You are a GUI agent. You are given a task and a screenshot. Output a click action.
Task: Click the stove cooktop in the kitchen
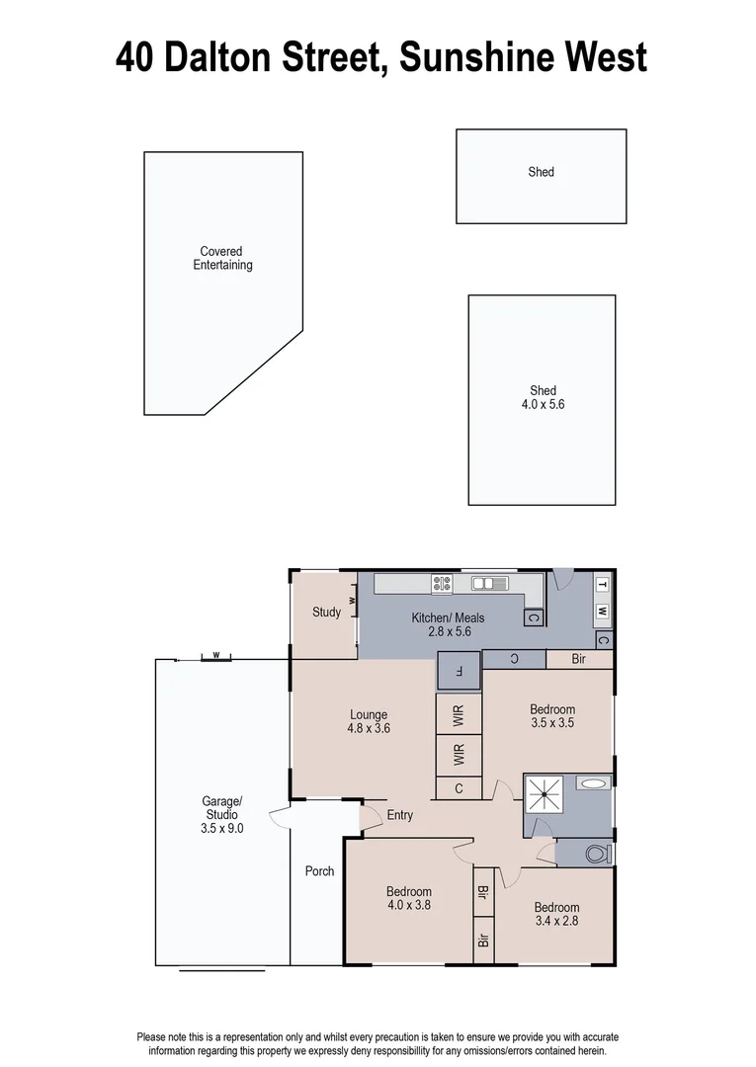point(442,585)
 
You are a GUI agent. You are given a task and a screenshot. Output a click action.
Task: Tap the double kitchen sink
point(488,583)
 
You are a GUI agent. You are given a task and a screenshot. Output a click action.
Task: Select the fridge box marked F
point(459,672)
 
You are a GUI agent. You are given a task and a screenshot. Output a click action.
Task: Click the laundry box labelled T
point(602,585)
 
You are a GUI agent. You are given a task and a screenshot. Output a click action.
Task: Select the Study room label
point(326,613)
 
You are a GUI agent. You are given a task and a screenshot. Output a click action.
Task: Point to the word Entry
point(400,815)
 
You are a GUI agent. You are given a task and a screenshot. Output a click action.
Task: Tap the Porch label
point(319,871)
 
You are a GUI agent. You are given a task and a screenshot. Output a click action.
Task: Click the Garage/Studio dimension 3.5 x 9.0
point(222,829)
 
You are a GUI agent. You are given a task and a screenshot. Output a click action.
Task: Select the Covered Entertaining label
point(222,259)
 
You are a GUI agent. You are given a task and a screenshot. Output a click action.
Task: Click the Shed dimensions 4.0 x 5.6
point(543,404)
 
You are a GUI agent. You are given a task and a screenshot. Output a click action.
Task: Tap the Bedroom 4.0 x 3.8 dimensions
point(408,905)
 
